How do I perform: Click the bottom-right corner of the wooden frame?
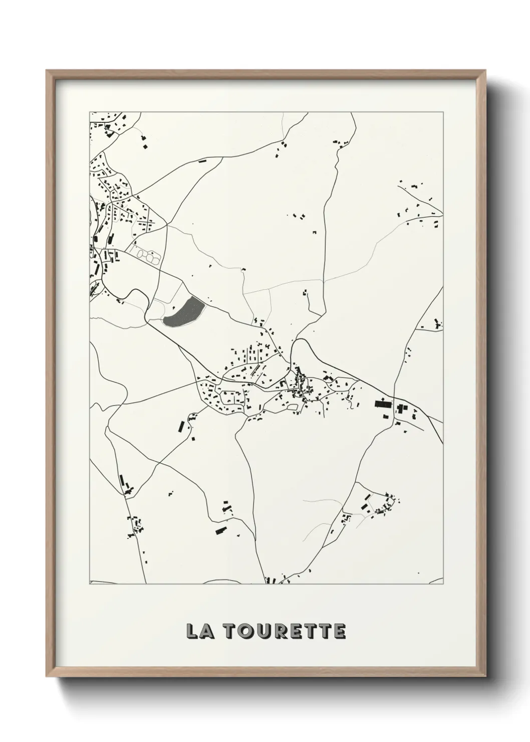coord(484,674)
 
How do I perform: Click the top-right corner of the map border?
coord(443,112)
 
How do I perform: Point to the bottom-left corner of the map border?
coord(90,584)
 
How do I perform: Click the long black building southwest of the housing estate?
coord(182,427)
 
